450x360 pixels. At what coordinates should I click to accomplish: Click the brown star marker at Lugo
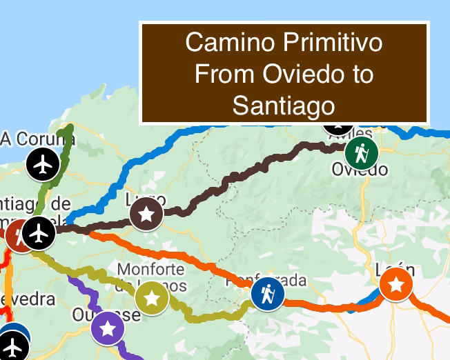146,214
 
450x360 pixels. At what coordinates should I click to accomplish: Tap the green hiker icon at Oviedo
360,152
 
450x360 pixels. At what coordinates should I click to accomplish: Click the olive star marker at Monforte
153,299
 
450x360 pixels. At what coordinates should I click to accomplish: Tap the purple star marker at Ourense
108,328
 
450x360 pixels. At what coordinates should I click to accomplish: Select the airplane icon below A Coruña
43,165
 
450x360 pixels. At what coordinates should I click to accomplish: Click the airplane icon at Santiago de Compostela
39,233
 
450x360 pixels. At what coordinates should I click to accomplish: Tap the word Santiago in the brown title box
284,106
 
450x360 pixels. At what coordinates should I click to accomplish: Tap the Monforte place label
151,268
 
